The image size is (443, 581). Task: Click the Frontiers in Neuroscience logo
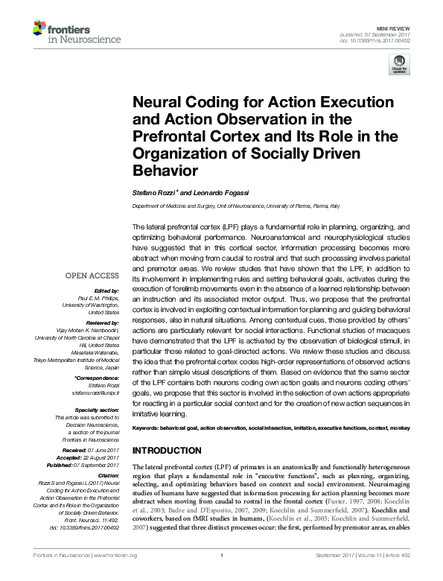point(66,31)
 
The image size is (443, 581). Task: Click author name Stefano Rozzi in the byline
point(153,193)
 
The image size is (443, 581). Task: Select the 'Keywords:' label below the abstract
point(148,430)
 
